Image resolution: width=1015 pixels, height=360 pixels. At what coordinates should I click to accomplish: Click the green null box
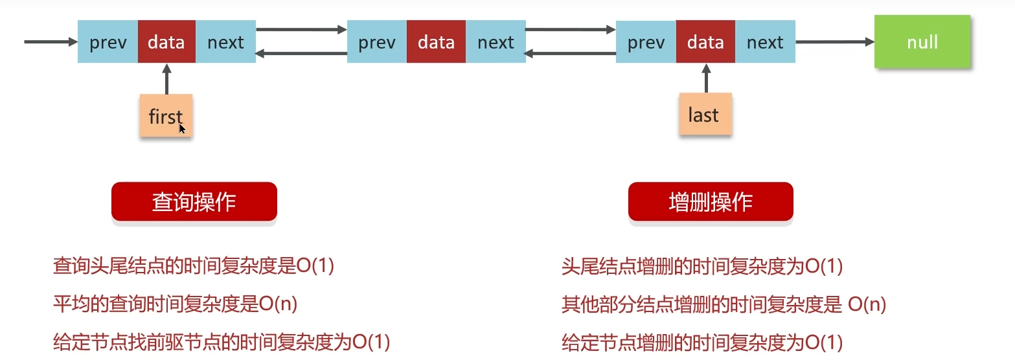click(x=922, y=42)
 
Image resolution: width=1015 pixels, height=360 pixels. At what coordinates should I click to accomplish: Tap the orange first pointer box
click(x=166, y=116)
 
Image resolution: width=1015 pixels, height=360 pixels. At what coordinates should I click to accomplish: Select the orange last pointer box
click(x=705, y=115)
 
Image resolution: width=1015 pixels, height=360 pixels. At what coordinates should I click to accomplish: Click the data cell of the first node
click(x=166, y=42)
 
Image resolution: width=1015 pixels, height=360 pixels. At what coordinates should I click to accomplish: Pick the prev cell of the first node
click(x=108, y=42)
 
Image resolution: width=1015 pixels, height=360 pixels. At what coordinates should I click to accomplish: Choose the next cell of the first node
click(x=225, y=42)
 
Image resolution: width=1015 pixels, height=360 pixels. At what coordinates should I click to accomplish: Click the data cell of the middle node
click(x=436, y=42)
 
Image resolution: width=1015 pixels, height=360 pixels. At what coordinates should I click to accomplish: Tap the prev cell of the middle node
click(x=377, y=42)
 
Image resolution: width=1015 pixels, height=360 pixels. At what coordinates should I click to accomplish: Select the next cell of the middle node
click(x=496, y=42)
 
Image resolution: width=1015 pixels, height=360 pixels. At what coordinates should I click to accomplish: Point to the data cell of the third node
click(x=705, y=42)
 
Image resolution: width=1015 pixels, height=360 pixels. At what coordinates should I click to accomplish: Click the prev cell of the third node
click(x=646, y=42)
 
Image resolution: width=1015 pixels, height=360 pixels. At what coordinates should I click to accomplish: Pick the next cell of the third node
click(x=765, y=42)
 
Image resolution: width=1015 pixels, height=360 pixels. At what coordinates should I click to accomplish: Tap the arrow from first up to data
click(x=166, y=78)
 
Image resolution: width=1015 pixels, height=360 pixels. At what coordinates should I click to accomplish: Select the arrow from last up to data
click(x=705, y=78)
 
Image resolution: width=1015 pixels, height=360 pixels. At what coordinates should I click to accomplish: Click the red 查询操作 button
click(x=194, y=202)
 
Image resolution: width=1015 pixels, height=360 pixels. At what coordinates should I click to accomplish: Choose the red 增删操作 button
click(x=711, y=202)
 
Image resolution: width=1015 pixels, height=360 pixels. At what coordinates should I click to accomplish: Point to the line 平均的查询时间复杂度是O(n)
click(x=175, y=304)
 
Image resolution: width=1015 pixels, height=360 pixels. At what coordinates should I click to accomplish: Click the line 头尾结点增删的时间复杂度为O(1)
click(x=702, y=266)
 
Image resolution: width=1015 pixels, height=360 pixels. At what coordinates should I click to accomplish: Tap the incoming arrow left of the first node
click(x=51, y=42)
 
